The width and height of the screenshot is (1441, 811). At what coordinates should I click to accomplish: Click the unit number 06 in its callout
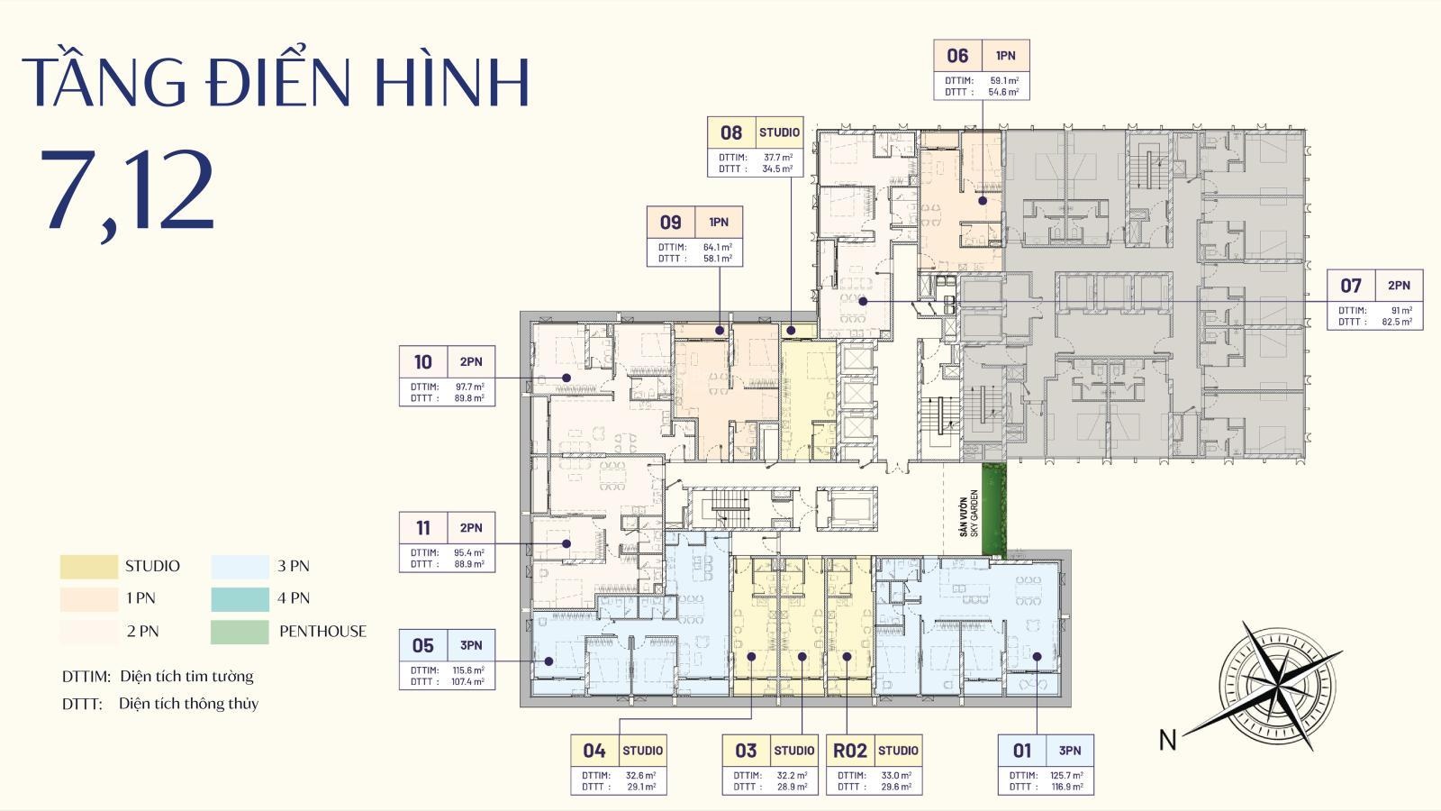tap(957, 56)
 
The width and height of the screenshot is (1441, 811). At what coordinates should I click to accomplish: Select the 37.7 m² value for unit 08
tap(778, 157)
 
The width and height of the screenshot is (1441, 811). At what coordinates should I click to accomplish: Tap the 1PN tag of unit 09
tap(719, 223)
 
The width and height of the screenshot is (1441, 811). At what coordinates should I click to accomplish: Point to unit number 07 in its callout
tap(1351, 286)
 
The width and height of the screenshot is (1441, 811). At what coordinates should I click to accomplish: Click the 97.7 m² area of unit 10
tap(469, 387)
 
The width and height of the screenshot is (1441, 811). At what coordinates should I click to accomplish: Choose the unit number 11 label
tap(423, 528)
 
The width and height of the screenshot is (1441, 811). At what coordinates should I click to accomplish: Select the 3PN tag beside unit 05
tap(471, 645)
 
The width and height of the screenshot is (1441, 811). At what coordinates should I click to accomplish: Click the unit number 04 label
tap(594, 751)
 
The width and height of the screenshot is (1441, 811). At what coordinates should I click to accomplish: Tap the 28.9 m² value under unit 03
tap(793, 787)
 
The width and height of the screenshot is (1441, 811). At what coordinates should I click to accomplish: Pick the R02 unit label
tap(850, 751)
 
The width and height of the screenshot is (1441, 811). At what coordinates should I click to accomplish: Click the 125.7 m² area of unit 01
tap(1066, 775)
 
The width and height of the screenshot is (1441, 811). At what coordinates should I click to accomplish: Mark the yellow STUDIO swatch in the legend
tap(89, 567)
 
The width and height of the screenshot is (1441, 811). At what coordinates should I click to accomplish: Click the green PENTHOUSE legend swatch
tap(240, 632)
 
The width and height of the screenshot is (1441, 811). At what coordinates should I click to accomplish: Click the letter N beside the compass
tap(1168, 740)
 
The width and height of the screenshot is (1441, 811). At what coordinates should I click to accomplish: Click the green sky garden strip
tap(993, 508)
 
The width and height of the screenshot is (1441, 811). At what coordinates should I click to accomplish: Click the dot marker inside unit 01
tap(1037, 657)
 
